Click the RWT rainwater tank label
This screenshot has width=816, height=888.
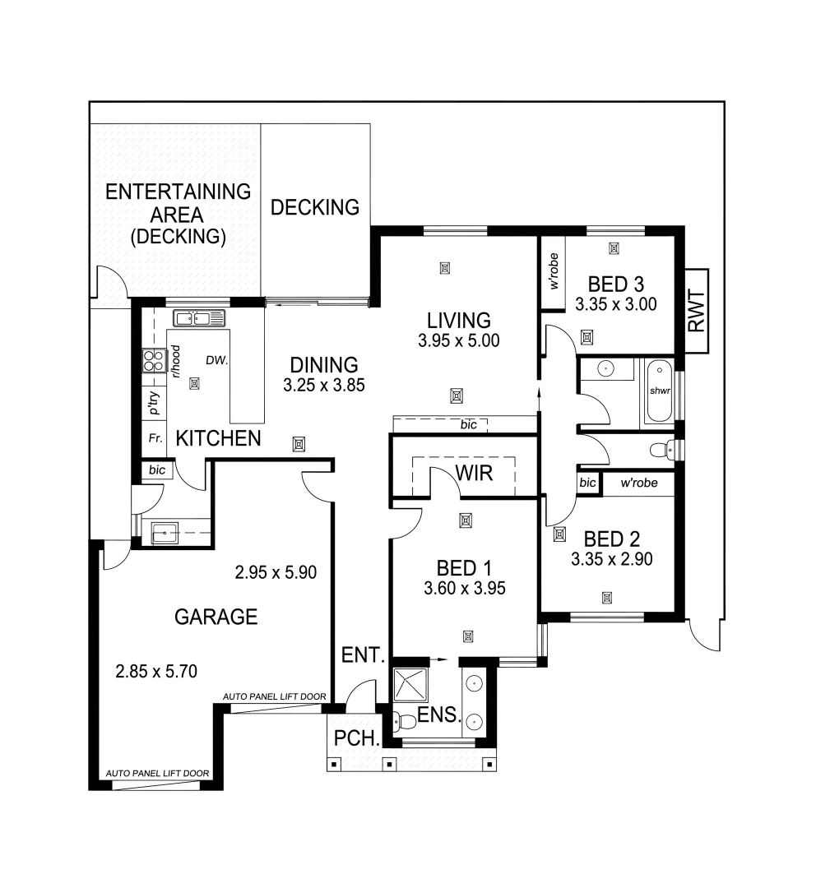tap(697, 311)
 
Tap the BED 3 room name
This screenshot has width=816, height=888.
tap(615, 284)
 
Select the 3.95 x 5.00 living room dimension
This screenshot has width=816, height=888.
tap(458, 340)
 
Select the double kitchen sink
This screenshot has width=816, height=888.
tap(198, 318)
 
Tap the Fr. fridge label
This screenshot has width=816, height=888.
tap(154, 439)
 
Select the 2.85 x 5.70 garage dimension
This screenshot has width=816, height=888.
tap(156, 671)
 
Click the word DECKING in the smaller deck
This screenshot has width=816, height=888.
tap(315, 207)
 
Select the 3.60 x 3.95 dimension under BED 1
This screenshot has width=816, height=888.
tap(464, 588)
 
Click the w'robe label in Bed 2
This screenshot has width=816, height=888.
tap(639, 483)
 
